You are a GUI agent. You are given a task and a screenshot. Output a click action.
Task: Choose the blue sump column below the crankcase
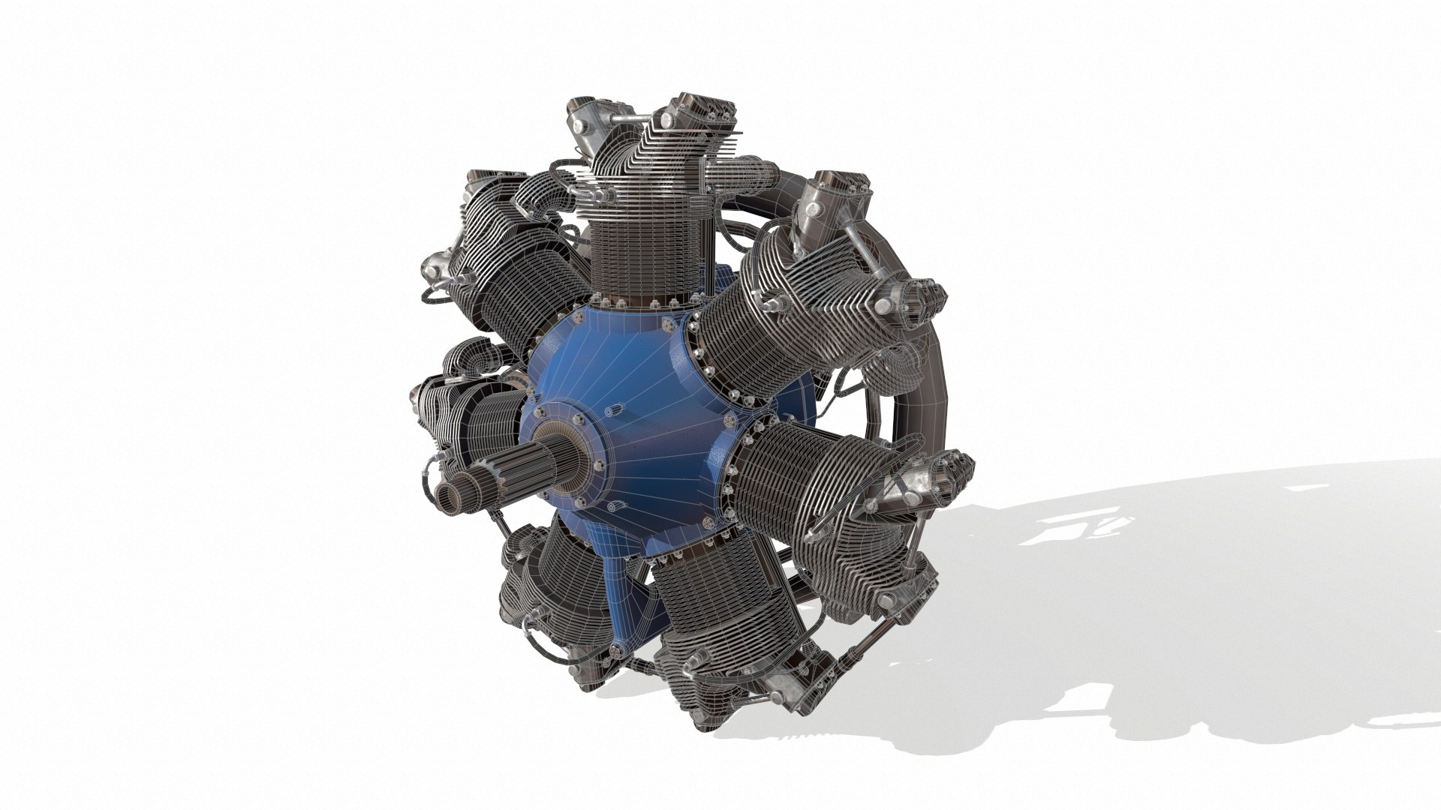[x=630, y=592]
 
